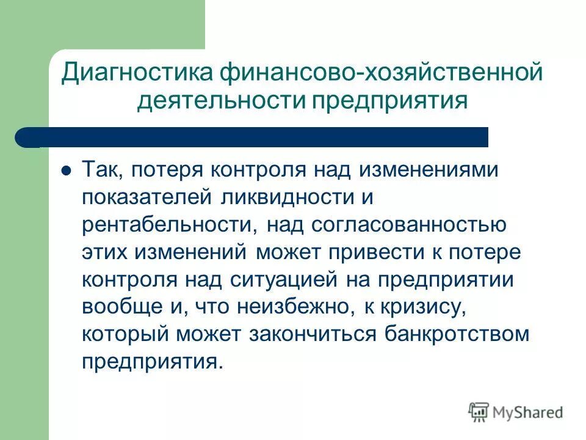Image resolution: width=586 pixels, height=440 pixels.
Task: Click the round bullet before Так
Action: [x=67, y=169]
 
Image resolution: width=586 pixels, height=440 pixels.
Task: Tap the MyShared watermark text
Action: [x=529, y=412]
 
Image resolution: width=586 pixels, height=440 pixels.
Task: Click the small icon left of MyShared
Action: [x=479, y=412]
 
